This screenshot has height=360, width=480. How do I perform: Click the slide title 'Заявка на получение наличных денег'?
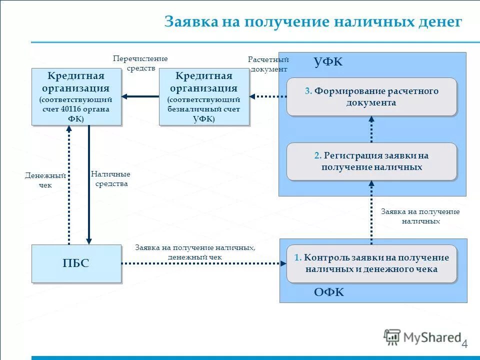313,22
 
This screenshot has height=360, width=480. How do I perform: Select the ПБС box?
76,263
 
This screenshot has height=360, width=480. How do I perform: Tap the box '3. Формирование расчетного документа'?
371,97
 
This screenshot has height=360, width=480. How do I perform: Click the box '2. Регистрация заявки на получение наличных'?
371,161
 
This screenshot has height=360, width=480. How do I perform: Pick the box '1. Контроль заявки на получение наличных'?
371,263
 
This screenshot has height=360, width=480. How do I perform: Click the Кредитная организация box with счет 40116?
76,96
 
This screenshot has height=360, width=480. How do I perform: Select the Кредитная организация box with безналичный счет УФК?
203,96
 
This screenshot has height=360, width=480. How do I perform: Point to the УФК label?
328,62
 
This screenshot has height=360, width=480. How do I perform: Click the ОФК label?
329,292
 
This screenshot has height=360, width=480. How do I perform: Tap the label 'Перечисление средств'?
140,63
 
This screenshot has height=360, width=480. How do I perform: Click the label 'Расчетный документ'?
268,64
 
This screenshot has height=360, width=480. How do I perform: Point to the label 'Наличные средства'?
110,179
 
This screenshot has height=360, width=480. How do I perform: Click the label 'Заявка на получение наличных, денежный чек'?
195,252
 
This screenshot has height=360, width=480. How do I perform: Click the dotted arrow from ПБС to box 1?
200,263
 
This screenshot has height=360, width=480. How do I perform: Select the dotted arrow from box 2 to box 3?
371,129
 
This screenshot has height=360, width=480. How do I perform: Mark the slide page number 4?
464,344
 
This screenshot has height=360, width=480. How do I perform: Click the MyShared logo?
422,337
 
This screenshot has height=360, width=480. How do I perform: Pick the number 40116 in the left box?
72,109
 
